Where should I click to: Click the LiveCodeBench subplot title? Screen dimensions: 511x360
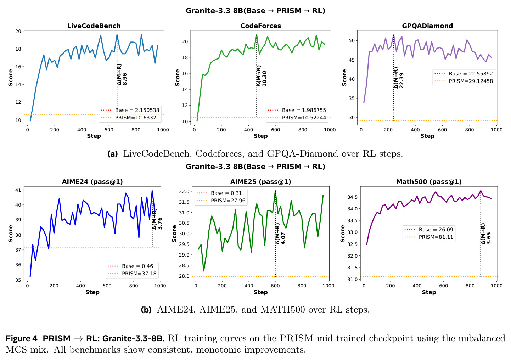tap(94, 26)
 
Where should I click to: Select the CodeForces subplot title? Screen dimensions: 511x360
tap(260, 26)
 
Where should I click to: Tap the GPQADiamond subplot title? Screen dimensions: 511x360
tap(427, 26)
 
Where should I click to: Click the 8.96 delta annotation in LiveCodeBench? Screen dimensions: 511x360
tap(124, 79)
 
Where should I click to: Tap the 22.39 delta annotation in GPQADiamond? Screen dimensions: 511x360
tap(401, 80)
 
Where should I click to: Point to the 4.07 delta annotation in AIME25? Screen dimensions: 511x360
tap(283, 238)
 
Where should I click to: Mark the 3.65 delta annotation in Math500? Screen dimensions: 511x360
tap(488, 238)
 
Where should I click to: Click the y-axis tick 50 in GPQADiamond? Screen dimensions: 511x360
tap(352, 41)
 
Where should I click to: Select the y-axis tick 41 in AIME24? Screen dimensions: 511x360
tap(18, 190)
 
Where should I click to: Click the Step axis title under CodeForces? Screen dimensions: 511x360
tap(260, 136)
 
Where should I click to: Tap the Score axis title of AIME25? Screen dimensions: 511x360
tap(174, 234)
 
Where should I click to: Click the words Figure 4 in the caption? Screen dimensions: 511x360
tap(22, 338)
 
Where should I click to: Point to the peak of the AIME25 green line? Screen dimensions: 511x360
tap(275, 191)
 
